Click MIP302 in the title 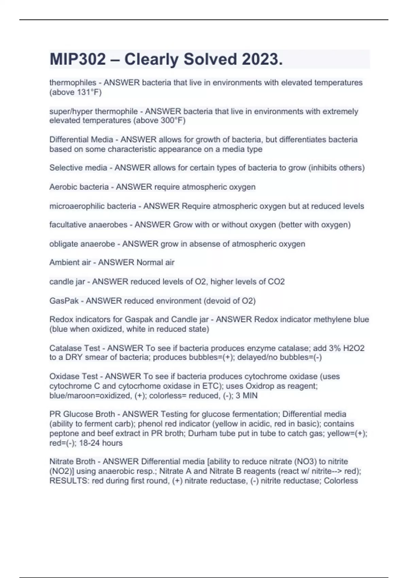pyautogui.click(x=78, y=60)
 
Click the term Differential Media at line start pyautogui.click(x=81, y=140)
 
